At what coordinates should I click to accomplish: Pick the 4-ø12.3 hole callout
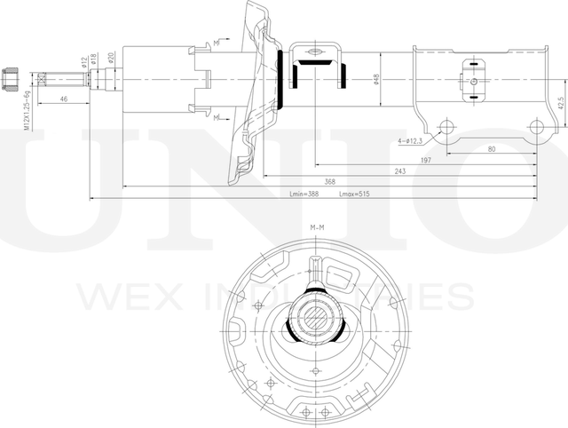point(409,140)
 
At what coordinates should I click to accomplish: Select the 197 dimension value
point(426,159)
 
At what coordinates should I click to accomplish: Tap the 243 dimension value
point(401,170)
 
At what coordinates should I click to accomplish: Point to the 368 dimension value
point(329,182)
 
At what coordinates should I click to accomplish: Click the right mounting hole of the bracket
point(536,126)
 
